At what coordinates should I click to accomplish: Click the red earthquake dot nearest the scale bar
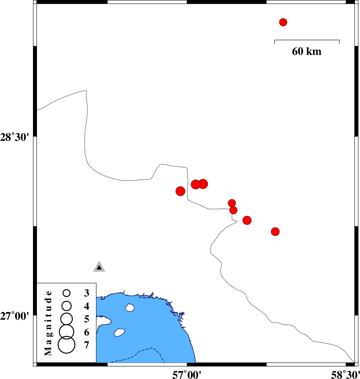click(x=283, y=22)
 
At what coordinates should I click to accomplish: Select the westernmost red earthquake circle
click(x=180, y=191)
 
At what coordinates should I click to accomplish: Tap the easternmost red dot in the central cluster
click(x=275, y=231)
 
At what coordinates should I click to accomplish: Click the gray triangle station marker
click(x=99, y=266)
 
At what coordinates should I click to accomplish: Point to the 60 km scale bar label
click(x=307, y=52)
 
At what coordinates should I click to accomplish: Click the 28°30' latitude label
click(x=14, y=137)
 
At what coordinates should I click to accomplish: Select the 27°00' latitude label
click(x=14, y=316)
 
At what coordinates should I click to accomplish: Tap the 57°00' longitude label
click(x=187, y=375)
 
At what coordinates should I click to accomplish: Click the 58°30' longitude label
click(x=346, y=375)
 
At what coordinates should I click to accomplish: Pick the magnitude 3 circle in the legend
click(x=67, y=293)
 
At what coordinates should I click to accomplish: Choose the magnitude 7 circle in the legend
click(x=67, y=345)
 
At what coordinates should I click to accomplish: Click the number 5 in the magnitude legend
click(x=87, y=319)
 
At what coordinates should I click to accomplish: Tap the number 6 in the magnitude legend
click(x=87, y=333)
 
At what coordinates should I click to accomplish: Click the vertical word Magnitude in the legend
click(x=48, y=323)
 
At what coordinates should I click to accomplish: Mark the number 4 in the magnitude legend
click(x=87, y=306)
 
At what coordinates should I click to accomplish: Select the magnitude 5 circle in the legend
click(x=67, y=319)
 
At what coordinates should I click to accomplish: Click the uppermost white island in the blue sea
click(x=130, y=308)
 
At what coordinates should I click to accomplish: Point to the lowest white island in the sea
click(x=119, y=333)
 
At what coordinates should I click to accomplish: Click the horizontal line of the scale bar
click(x=307, y=40)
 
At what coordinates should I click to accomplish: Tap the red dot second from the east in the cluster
click(x=247, y=220)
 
